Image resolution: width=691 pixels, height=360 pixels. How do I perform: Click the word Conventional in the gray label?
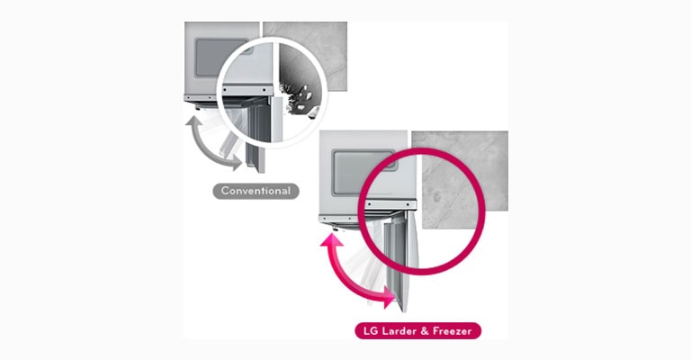[256, 191]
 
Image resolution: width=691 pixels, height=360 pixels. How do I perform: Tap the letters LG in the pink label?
[371, 331]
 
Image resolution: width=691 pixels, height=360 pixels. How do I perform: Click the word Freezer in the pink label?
[453, 331]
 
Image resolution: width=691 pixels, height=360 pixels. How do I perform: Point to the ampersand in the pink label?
[425, 331]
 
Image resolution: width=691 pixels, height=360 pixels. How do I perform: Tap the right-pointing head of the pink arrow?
[390, 297]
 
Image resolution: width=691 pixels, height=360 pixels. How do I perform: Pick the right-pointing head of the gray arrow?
[238, 163]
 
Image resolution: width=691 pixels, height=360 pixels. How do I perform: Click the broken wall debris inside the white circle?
[299, 99]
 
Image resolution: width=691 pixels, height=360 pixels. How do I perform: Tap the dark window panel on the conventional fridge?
[221, 58]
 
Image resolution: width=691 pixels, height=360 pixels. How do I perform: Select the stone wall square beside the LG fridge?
[460, 179]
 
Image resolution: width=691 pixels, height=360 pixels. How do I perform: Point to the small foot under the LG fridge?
[336, 229]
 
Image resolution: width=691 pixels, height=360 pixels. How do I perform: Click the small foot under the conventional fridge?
[198, 106]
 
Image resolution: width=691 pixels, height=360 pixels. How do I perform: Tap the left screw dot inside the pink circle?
[368, 205]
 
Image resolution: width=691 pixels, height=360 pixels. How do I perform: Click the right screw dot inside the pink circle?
[408, 205]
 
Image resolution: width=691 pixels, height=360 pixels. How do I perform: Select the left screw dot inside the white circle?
[225, 90]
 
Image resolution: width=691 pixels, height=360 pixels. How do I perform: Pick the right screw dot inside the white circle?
[265, 90]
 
